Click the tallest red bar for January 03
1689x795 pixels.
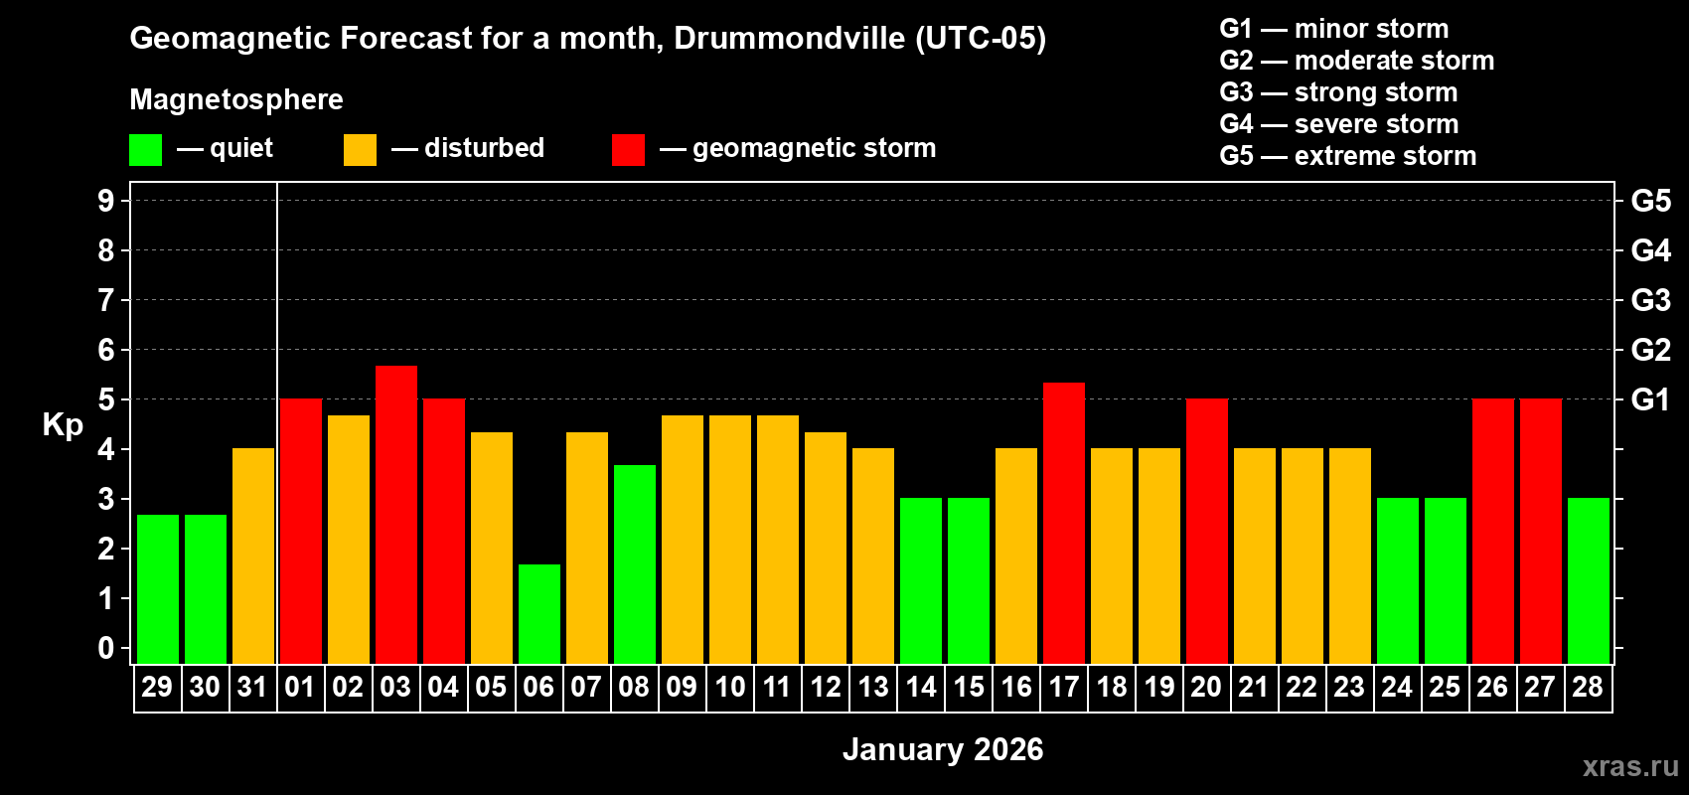click(395, 514)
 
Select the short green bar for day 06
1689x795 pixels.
click(538, 613)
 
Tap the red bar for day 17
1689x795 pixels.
click(1063, 523)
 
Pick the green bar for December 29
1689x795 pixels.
click(157, 588)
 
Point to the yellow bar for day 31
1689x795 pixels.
click(252, 556)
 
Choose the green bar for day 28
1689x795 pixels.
click(1588, 580)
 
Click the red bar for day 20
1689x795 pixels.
click(1206, 531)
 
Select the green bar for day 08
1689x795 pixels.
click(634, 563)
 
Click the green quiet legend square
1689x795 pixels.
click(145, 150)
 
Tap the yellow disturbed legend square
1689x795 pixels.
click(360, 150)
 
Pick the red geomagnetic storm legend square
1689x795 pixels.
click(628, 150)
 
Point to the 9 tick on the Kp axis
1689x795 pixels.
click(106, 201)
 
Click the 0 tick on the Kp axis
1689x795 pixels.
click(106, 648)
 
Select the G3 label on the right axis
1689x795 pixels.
click(1650, 300)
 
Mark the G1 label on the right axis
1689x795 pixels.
click(1650, 399)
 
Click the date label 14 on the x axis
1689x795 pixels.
click(920, 688)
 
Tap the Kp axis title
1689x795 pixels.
click(63, 425)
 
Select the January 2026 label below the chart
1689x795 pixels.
click(943, 749)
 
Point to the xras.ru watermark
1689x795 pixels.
click(1630, 766)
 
